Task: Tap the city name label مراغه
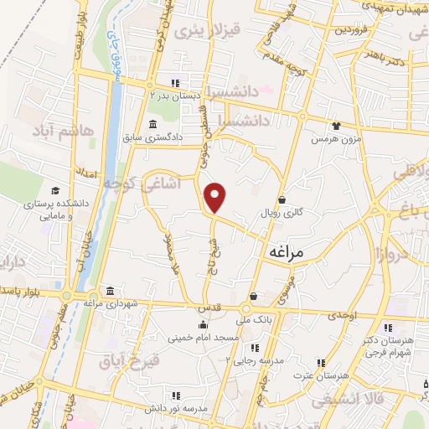click(x=287, y=251)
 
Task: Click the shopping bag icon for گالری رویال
click(x=282, y=200)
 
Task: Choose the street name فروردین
click(x=352, y=29)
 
